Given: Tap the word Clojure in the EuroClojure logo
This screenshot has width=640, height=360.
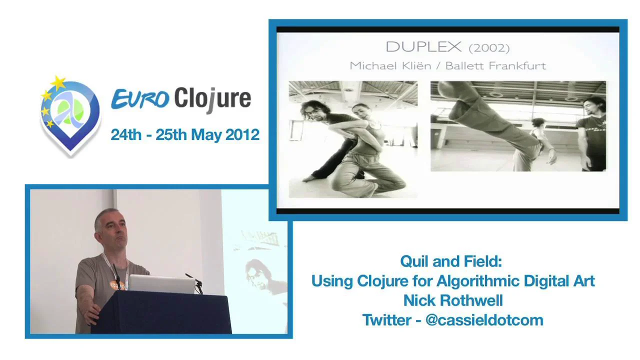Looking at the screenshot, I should point(212,98).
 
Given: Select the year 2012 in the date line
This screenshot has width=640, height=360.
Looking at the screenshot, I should point(242,134).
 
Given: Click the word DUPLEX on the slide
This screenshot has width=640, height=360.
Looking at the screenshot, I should point(423,47).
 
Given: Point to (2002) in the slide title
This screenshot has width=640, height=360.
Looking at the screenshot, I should point(489,48).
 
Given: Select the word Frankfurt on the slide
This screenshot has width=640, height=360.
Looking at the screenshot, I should point(520,65).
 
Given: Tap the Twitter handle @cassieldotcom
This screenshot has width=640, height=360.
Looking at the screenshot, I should point(484,320).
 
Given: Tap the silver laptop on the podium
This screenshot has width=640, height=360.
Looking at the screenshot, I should point(161,284).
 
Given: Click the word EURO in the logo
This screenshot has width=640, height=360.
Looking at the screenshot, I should point(140,98).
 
